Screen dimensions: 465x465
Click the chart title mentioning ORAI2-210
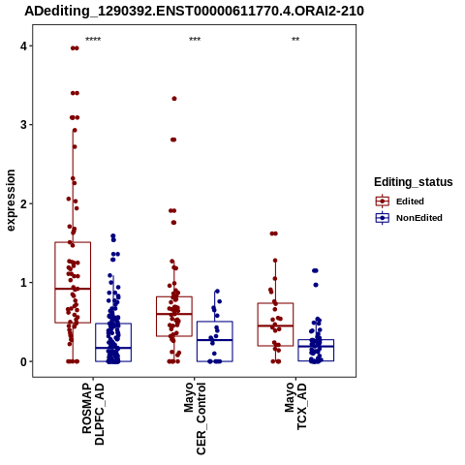[194, 11]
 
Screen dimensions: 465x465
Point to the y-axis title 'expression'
[11, 201]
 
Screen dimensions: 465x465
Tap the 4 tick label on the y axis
[23, 46]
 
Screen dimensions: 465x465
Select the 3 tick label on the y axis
[23, 125]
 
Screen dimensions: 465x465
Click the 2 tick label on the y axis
[23, 203]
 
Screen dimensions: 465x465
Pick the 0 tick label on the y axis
[23, 362]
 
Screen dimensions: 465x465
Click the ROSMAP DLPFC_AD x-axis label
[93, 414]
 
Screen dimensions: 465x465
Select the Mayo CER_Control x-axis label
[195, 418]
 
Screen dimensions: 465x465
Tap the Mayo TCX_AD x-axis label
[295, 406]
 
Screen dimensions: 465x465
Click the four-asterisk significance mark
[93, 40]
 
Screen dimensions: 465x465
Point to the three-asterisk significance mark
[195, 40]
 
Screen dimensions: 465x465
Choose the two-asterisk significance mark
[295, 40]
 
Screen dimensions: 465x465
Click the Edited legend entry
[399, 201]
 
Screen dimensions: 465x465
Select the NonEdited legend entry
[409, 218]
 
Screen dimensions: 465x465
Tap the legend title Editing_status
[414, 182]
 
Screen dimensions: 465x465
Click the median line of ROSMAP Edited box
[73, 289]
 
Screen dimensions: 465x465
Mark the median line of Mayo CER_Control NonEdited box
[215, 340]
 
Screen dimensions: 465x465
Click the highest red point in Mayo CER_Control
[174, 99]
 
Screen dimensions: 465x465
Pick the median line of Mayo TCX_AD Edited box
[275, 325]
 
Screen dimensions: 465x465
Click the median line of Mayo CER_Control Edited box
[174, 314]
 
